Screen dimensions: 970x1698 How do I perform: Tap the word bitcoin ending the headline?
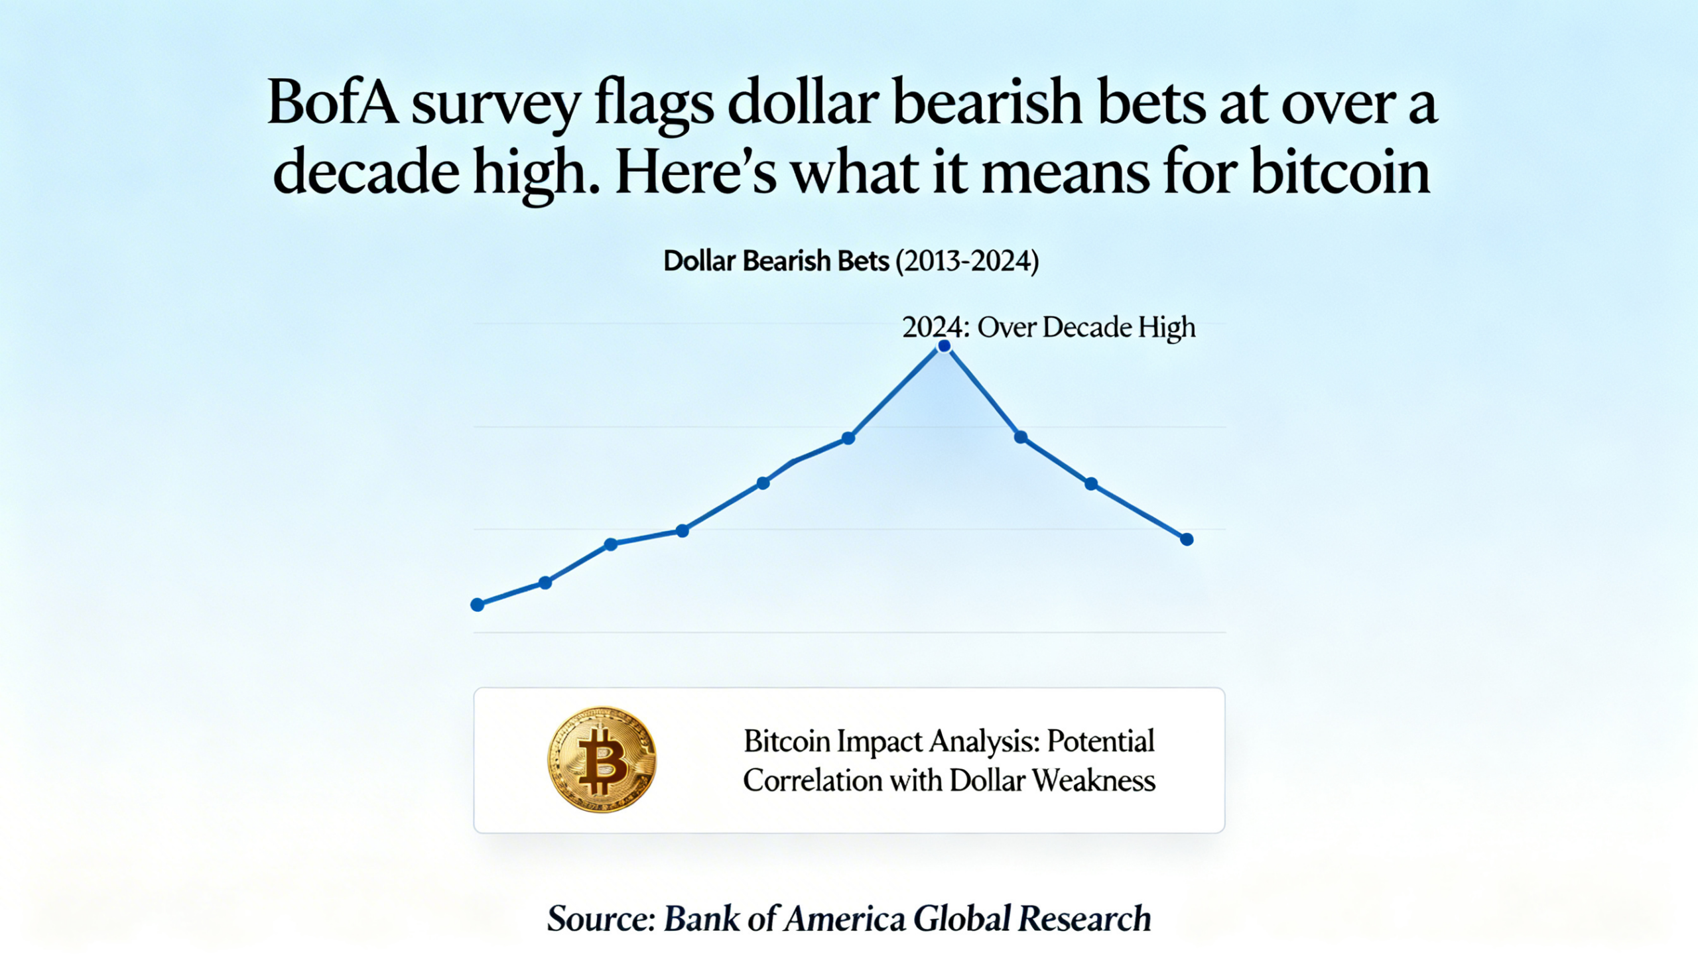click(x=1340, y=173)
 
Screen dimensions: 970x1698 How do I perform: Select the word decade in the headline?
click(x=366, y=173)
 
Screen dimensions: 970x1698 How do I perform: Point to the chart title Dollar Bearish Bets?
click(x=775, y=261)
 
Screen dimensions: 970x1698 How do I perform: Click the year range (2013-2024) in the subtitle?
click(x=966, y=261)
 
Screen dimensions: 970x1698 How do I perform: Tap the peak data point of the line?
click(x=945, y=345)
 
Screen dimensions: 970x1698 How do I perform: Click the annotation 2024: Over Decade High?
click(x=1049, y=327)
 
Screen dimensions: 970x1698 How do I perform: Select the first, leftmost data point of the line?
click(x=477, y=605)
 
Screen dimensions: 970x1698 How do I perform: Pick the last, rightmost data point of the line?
click(x=1187, y=540)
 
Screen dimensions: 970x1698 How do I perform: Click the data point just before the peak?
click(x=848, y=438)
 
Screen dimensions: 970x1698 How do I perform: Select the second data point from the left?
click(x=545, y=583)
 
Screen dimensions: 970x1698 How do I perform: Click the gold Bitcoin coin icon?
click(x=602, y=759)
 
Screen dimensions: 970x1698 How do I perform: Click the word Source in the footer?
click(x=600, y=919)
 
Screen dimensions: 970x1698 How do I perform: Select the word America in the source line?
click(x=844, y=919)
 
